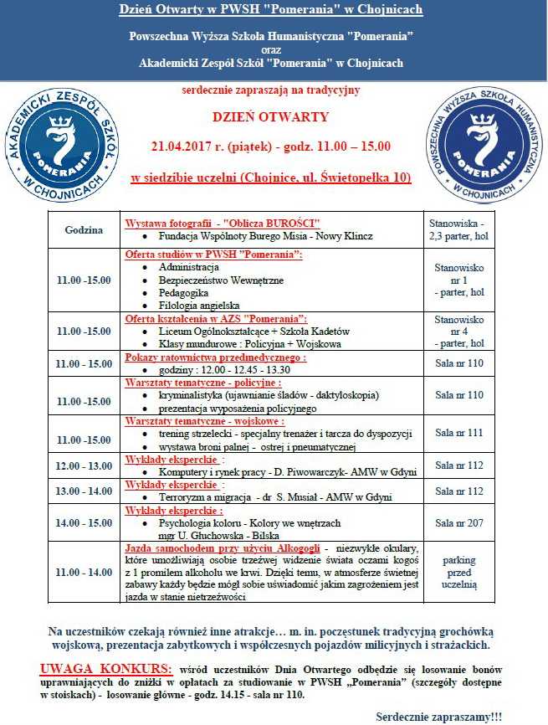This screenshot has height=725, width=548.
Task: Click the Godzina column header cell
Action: click(x=83, y=229)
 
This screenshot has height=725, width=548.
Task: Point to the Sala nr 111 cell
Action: click(x=456, y=433)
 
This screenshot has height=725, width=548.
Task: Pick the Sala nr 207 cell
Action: click(x=456, y=522)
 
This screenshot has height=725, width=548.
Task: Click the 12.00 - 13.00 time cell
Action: click(x=83, y=465)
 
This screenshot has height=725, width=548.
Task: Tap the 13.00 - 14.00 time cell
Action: click(x=83, y=490)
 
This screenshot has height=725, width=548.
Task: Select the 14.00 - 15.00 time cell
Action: click(x=83, y=522)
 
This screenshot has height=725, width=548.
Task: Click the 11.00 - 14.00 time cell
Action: click(x=83, y=572)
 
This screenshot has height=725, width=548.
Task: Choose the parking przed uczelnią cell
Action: click(x=456, y=572)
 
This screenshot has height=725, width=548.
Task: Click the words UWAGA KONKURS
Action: click(x=105, y=670)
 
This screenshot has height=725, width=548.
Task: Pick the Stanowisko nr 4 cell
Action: click(x=456, y=332)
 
